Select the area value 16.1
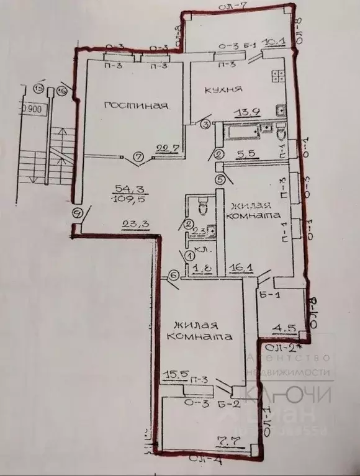click(x=237, y=269)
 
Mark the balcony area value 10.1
click(x=274, y=43)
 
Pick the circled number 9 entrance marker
click(x=77, y=212)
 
